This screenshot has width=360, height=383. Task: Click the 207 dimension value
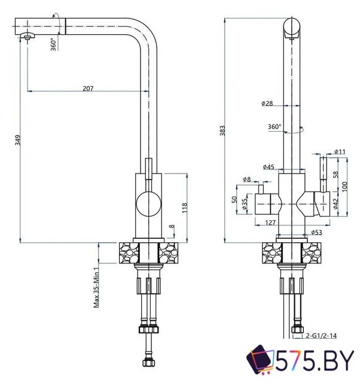(x=88, y=88)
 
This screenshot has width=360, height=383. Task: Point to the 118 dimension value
(x=185, y=208)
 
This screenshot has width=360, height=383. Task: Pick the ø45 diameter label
(x=268, y=166)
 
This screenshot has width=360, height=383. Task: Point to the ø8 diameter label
(x=246, y=179)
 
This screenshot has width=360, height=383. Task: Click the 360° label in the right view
(x=274, y=127)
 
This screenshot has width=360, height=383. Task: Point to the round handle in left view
(x=147, y=205)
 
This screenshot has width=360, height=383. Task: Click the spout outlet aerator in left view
(x=28, y=38)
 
